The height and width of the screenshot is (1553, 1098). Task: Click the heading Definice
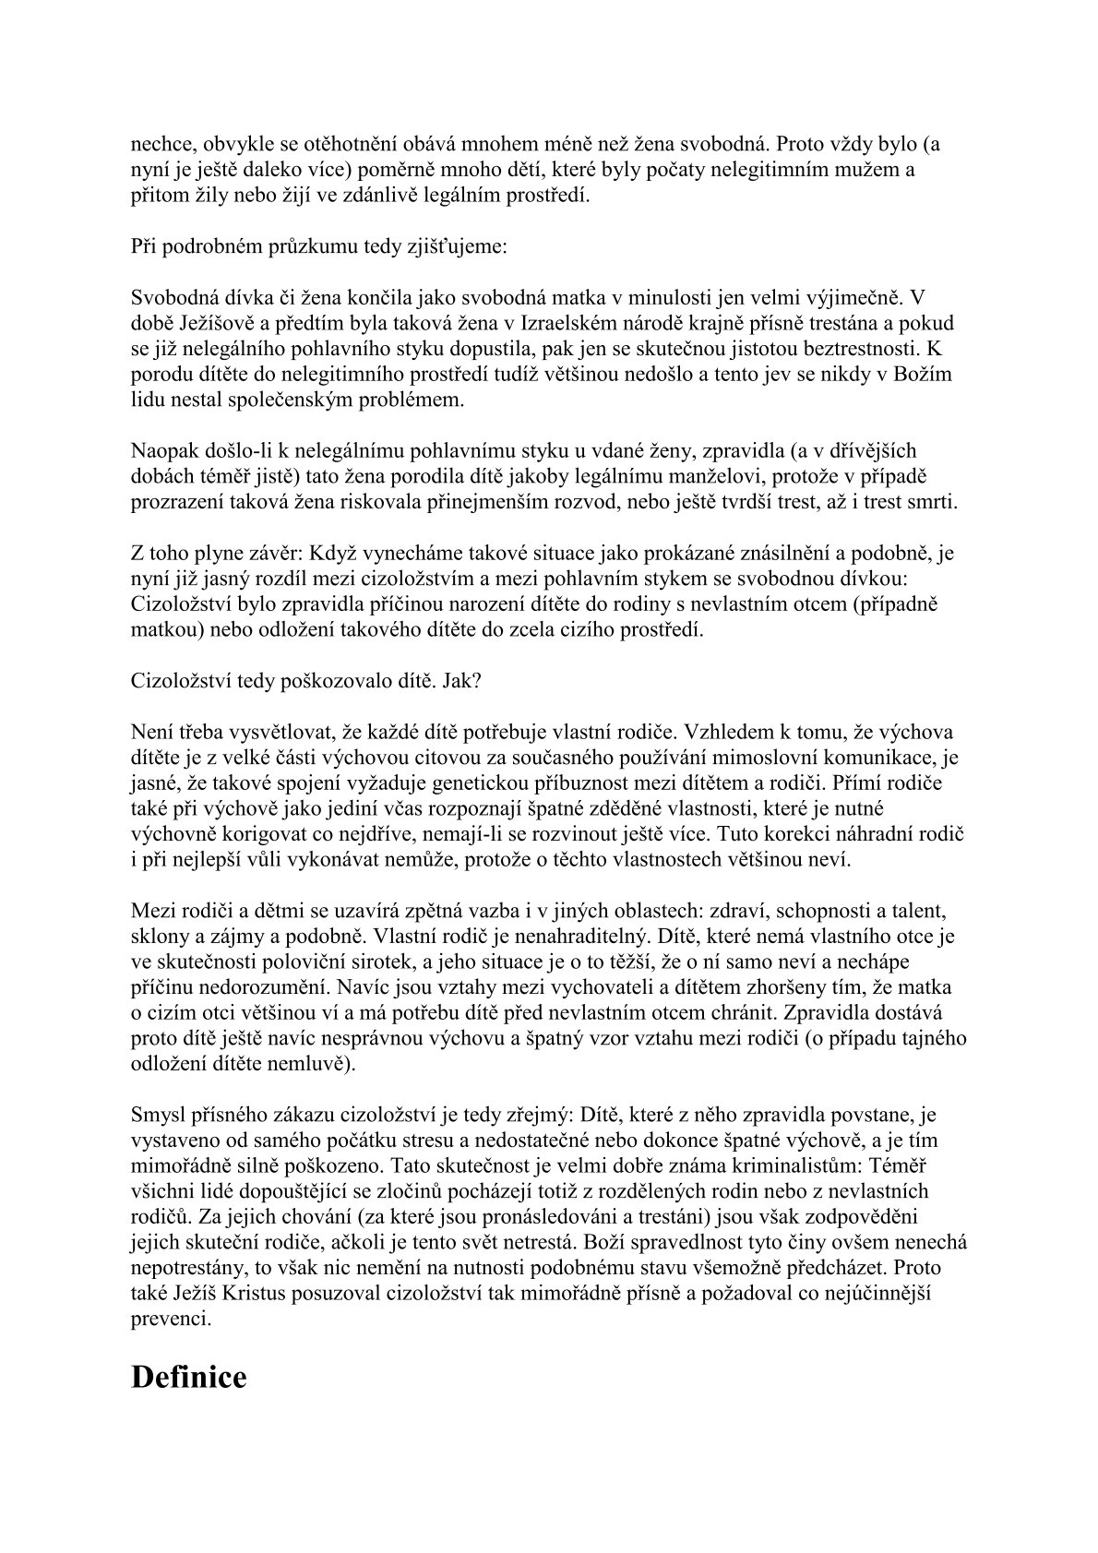(x=189, y=1378)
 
